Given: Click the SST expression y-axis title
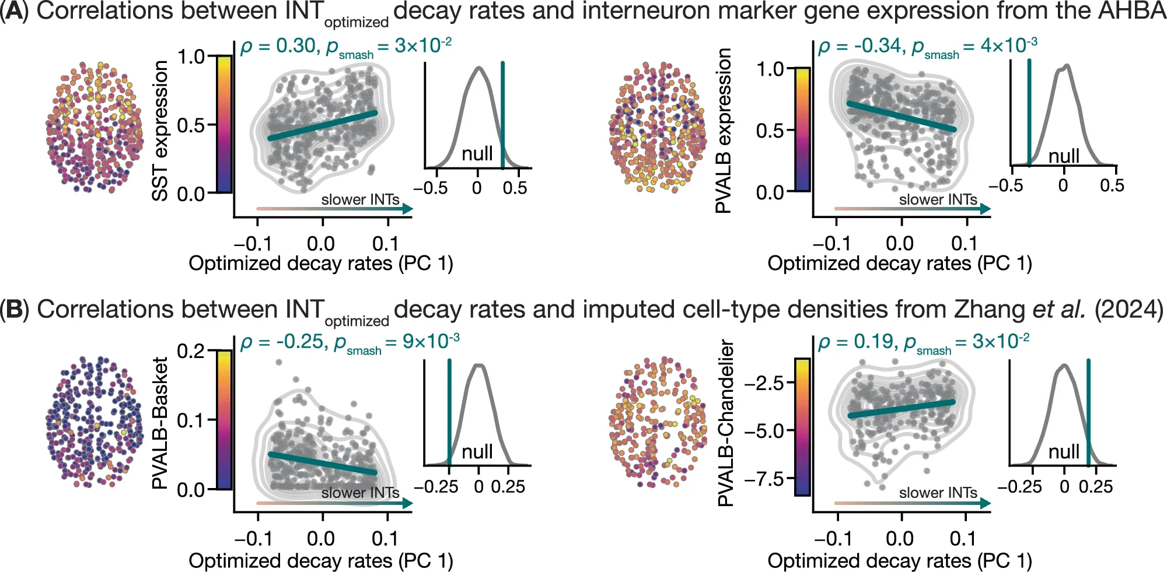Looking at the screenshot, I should click(x=160, y=131).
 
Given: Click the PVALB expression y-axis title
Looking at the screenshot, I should click(x=724, y=131).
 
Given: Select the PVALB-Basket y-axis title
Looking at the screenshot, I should click(x=160, y=423).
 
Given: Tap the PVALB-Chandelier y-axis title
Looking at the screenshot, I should click(x=725, y=423).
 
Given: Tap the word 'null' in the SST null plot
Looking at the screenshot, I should click(x=477, y=154).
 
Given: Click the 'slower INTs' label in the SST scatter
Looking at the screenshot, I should click(x=360, y=199).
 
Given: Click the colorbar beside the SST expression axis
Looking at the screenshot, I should click(x=224, y=124).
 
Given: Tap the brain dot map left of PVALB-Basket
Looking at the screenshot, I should click(x=93, y=422).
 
